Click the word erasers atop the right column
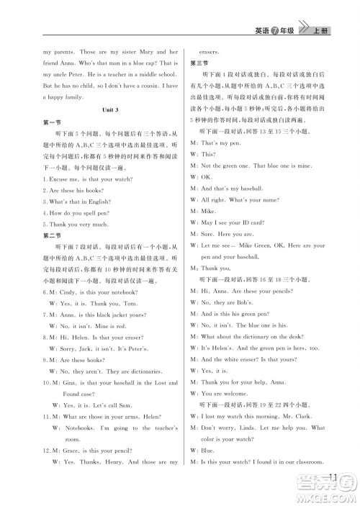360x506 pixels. (x=218, y=52)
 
